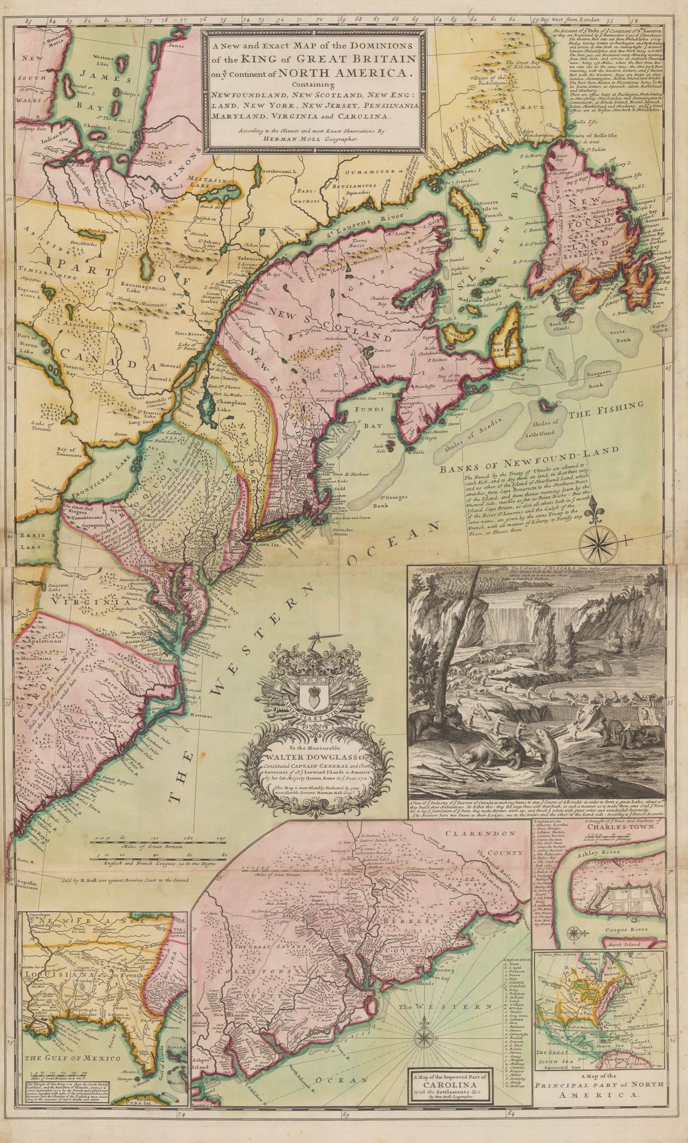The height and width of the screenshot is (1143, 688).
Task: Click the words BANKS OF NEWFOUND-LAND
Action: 529,460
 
